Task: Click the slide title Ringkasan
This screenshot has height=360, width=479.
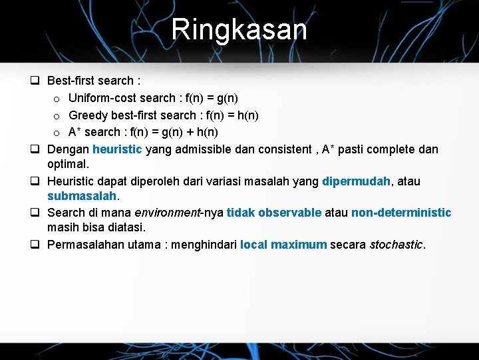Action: point(239,29)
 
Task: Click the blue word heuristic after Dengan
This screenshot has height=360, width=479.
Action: point(117,149)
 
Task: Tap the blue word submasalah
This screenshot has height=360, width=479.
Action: point(82,196)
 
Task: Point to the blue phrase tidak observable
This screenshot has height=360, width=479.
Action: point(274,213)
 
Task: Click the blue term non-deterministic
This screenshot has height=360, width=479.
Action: point(401,213)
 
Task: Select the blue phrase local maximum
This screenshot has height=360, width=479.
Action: point(283,244)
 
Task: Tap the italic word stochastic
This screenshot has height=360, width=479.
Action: point(397,244)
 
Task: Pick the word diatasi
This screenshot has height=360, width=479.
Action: point(126,227)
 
